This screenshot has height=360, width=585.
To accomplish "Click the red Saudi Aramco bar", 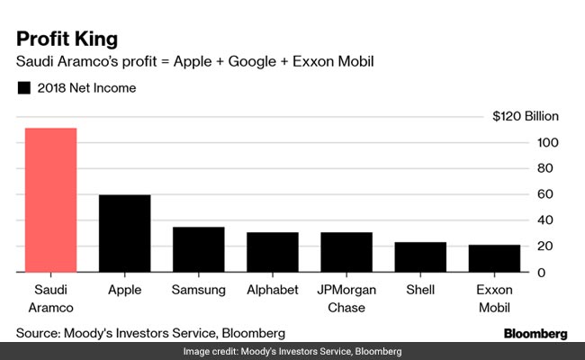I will (x=50, y=200).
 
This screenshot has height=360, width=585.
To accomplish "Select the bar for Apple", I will (x=124, y=233).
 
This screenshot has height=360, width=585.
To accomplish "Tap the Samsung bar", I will (x=198, y=249).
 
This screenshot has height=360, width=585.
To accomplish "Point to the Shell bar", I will (x=420, y=256).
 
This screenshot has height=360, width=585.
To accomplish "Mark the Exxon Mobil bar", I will (x=494, y=257).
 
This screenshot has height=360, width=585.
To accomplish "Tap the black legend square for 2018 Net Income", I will (x=23, y=88).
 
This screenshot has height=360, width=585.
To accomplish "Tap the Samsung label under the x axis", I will (x=198, y=291).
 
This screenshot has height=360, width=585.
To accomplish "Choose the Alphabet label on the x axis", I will (x=272, y=291).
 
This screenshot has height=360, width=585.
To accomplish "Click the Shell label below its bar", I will (x=420, y=291).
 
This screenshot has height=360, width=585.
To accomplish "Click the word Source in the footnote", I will (x=39, y=333).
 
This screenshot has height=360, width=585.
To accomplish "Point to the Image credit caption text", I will (x=292, y=351).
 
